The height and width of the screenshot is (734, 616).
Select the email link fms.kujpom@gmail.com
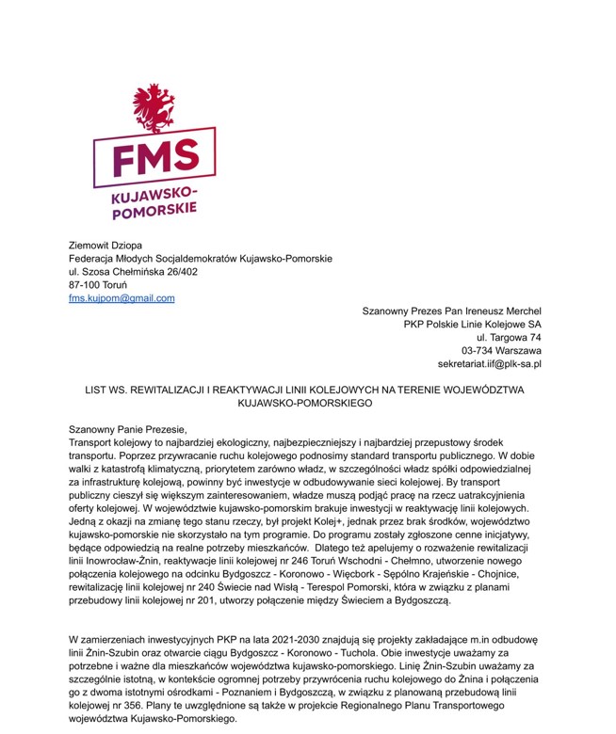point(122,298)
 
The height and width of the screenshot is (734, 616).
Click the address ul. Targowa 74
point(509,338)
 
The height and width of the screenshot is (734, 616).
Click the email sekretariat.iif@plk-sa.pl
point(490,364)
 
